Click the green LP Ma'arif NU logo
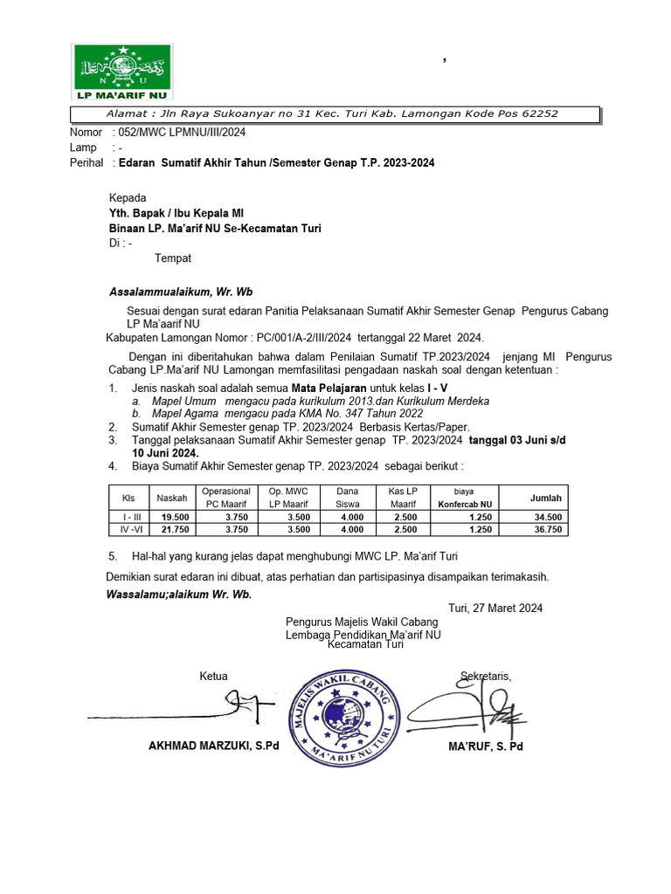click(121, 71)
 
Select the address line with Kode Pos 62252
click(332, 113)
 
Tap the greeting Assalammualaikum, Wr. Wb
click(181, 292)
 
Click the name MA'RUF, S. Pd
click(485, 746)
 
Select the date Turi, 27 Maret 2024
click(495, 608)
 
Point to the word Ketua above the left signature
click(214, 676)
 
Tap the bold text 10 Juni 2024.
click(165, 453)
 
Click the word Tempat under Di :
click(173, 258)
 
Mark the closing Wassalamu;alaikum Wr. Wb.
click(179, 594)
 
